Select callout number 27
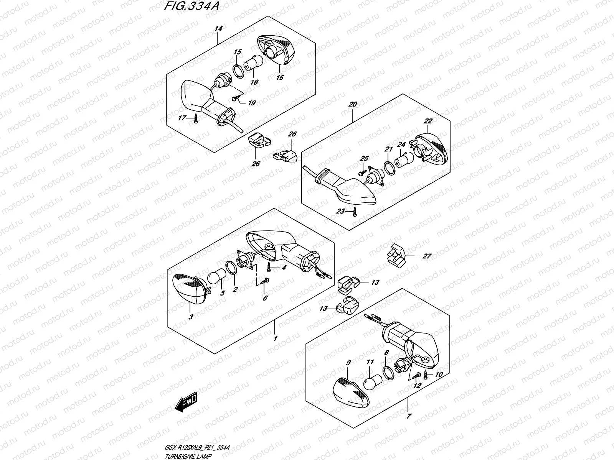pos(427,256)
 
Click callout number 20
pos(353,104)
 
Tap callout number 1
pos(275,339)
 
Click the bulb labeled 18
pos(256,62)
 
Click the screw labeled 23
pos(356,211)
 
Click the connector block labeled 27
pos(395,255)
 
